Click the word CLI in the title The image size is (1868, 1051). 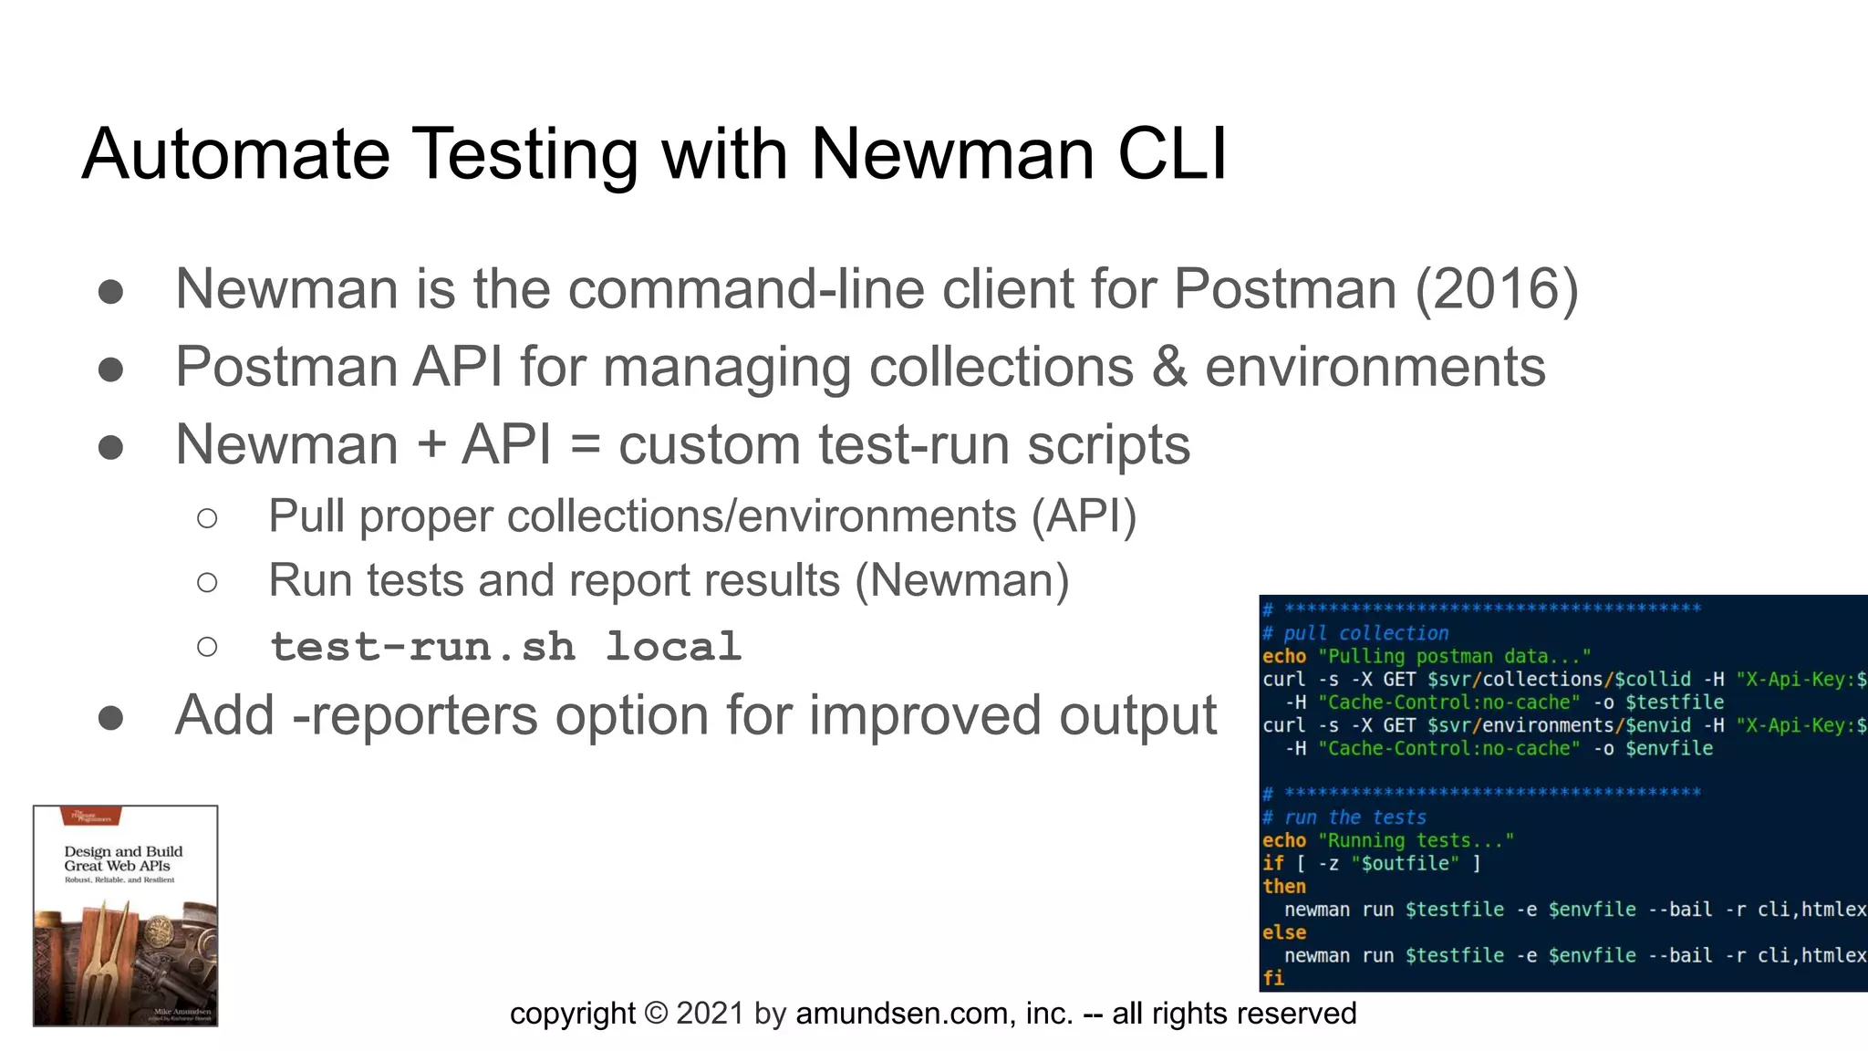click(1172, 153)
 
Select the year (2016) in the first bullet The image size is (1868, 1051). click(1496, 289)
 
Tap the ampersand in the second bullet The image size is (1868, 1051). click(1169, 367)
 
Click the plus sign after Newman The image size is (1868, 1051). click(431, 446)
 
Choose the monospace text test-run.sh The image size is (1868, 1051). click(422, 647)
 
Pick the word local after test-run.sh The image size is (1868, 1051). click(673, 647)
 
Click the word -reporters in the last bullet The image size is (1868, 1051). click(415, 715)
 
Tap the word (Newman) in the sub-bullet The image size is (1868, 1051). click(961, 581)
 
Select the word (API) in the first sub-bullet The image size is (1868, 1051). click(1084, 516)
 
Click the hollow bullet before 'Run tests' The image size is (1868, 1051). click(207, 582)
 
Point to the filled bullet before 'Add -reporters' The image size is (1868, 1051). click(110, 717)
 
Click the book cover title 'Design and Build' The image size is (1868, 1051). click(123, 851)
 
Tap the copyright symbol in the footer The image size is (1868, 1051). click(656, 1014)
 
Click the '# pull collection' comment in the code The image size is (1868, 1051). click(1355, 633)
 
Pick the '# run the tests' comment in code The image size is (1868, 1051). click(1344, 817)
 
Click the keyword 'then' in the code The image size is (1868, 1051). click(1283, 887)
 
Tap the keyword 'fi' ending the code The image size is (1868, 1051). click(1272, 979)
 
